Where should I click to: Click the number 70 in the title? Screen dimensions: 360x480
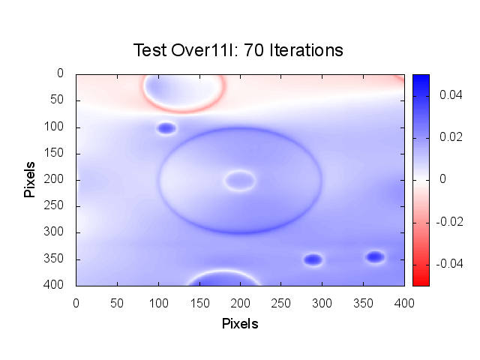click(255, 50)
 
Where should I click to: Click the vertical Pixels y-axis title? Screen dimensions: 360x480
click(30, 178)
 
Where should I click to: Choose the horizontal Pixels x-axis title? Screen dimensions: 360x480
click(240, 324)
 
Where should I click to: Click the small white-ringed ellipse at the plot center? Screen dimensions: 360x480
click(240, 180)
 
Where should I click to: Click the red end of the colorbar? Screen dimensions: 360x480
click(421, 279)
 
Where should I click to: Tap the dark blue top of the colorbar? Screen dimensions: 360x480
click(421, 79)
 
